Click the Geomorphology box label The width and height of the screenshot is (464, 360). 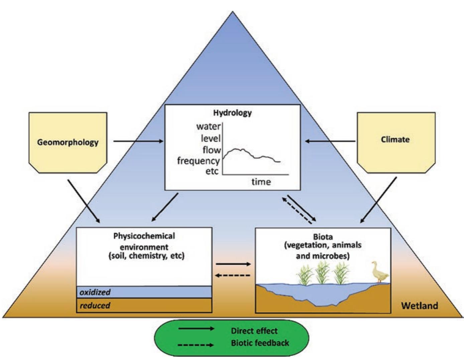[x=68, y=142]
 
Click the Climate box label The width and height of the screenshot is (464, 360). [x=395, y=139]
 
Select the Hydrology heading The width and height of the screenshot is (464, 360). [x=232, y=113]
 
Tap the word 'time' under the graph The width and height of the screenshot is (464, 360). [x=261, y=182]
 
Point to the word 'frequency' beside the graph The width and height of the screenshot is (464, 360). [x=198, y=161]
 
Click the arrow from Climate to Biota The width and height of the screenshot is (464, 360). [x=378, y=201]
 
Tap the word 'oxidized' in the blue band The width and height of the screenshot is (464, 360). [x=95, y=292]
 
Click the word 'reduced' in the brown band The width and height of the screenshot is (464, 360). [x=95, y=305]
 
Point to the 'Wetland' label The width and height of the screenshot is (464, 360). [x=419, y=305]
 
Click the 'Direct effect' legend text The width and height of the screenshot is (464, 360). [x=254, y=331]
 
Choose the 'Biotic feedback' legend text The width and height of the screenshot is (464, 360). [x=260, y=343]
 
